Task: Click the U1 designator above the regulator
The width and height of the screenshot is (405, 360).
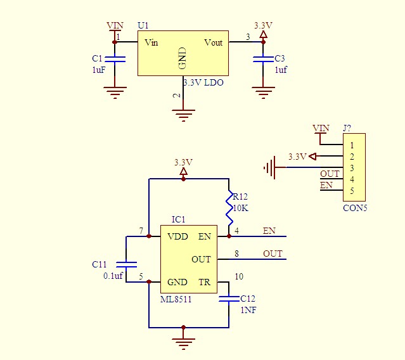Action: [x=143, y=25]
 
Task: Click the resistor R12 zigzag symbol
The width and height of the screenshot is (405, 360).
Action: [x=229, y=207]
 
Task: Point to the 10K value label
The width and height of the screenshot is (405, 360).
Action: [x=241, y=208]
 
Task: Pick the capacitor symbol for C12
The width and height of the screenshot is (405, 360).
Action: [x=229, y=299]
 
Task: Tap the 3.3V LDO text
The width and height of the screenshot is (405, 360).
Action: [x=203, y=83]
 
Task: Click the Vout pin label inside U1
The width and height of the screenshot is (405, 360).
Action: [x=213, y=42]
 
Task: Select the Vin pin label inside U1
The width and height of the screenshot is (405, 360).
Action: [x=151, y=42]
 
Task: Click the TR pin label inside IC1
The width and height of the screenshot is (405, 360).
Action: [x=204, y=282]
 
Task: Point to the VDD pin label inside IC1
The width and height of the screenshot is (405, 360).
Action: [x=177, y=236]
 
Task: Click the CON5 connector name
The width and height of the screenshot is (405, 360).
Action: [x=354, y=207]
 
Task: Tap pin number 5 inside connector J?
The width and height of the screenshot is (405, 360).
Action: [x=351, y=191]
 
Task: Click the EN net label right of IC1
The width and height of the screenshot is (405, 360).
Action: [x=269, y=231]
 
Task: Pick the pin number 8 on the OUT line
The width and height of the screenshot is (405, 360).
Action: [x=236, y=254]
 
